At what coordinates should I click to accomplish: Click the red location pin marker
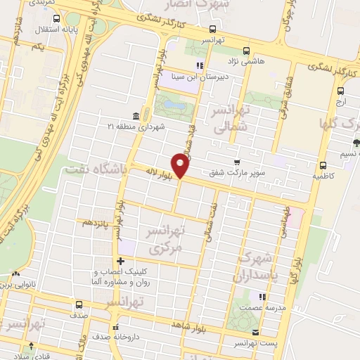click(x=181, y=166)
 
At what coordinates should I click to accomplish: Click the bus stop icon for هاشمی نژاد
click(x=246, y=51)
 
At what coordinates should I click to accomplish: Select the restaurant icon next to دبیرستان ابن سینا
click(x=200, y=67)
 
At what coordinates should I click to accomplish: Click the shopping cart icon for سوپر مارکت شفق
click(x=245, y=162)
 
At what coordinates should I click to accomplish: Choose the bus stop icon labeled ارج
click(x=340, y=91)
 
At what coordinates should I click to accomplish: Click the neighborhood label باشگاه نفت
click(x=94, y=169)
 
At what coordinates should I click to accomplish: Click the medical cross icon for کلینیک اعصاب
click(x=120, y=262)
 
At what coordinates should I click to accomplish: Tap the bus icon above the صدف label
click(x=78, y=305)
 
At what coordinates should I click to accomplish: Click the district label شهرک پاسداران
click(x=259, y=265)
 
